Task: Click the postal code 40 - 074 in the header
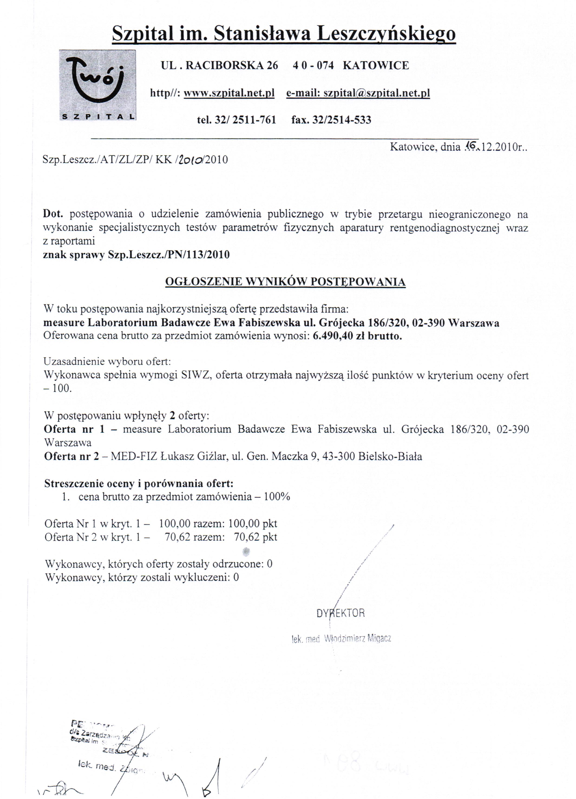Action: point(313,66)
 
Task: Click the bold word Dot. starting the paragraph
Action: point(52,214)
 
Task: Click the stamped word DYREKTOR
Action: point(340,613)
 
